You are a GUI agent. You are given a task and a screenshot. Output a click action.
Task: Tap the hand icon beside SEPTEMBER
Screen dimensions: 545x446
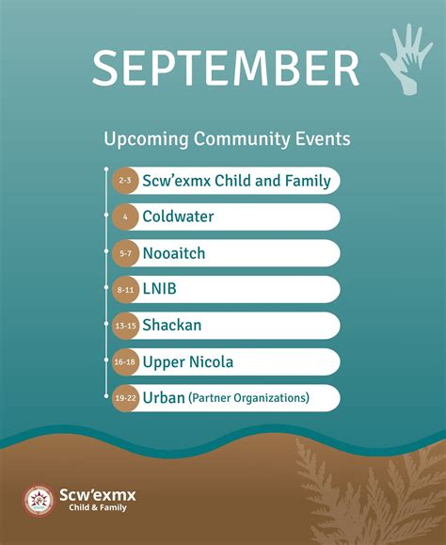[x=406, y=58]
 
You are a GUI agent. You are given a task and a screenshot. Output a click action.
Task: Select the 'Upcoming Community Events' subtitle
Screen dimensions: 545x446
[x=227, y=139]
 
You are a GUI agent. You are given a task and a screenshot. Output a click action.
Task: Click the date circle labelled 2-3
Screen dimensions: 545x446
[x=125, y=180]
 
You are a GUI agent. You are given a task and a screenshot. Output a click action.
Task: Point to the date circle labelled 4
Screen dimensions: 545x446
[x=125, y=216]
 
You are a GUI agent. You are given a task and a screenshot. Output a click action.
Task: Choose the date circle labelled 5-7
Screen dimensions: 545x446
[x=125, y=253]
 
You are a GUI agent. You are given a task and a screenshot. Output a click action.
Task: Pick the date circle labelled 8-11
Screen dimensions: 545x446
[x=125, y=290]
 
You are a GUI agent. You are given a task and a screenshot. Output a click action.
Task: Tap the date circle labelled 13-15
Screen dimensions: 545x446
[x=125, y=326]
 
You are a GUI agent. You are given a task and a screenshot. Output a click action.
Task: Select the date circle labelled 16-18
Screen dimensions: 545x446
[x=125, y=362]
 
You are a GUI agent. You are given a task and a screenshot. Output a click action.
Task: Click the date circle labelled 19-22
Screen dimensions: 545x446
[x=125, y=398]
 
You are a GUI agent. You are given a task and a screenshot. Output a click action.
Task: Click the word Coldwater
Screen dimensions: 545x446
[x=178, y=216]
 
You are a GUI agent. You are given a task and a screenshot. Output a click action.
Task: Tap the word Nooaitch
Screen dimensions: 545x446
[x=173, y=253]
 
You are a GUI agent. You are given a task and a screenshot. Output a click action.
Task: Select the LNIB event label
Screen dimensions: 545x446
[x=159, y=289]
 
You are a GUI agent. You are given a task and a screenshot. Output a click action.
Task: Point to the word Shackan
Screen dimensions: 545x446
[x=171, y=326]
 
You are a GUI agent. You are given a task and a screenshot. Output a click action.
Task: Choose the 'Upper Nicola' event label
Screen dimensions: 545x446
[x=188, y=362]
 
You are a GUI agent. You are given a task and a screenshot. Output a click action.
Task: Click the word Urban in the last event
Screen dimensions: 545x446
[x=163, y=398]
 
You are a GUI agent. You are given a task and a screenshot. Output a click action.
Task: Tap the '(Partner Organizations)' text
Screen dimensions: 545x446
[x=248, y=399]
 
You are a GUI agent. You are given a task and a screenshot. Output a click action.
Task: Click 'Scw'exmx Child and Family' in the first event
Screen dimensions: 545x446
[x=236, y=180]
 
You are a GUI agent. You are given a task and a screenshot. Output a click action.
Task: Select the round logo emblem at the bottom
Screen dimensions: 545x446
[x=39, y=501]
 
